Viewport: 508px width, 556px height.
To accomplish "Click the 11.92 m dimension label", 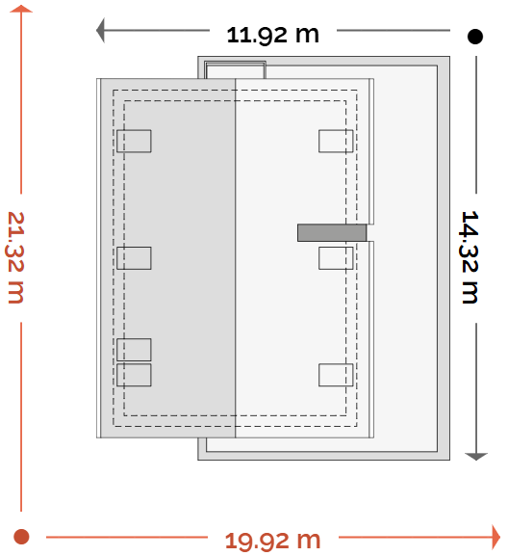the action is pyautogui.click(x=272, y=35).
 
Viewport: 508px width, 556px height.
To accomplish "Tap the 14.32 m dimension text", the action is pyautogui.click(x=470, y=257).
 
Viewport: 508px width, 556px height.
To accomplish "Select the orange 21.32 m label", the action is pyautogui.click(x=15, y=257).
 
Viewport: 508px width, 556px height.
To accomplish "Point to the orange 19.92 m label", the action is pyautogui.click(x=272, y=541).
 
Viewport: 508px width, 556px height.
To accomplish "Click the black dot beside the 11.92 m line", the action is pyautogui.click(x=475, y=37).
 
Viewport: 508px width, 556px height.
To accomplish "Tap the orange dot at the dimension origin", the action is pyautogui.click(x=21, y=537).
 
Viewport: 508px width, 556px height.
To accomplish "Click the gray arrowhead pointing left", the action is pyautogui.click(x=100, y=30).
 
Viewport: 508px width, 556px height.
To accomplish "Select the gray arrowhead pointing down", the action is pyautogui.click(x=476, y=457).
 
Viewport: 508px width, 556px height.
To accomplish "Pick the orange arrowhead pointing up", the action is pyautogui.click(x=21, y=9).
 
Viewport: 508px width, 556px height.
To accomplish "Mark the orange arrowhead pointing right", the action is pyautogui.click(x=496, y=537).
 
